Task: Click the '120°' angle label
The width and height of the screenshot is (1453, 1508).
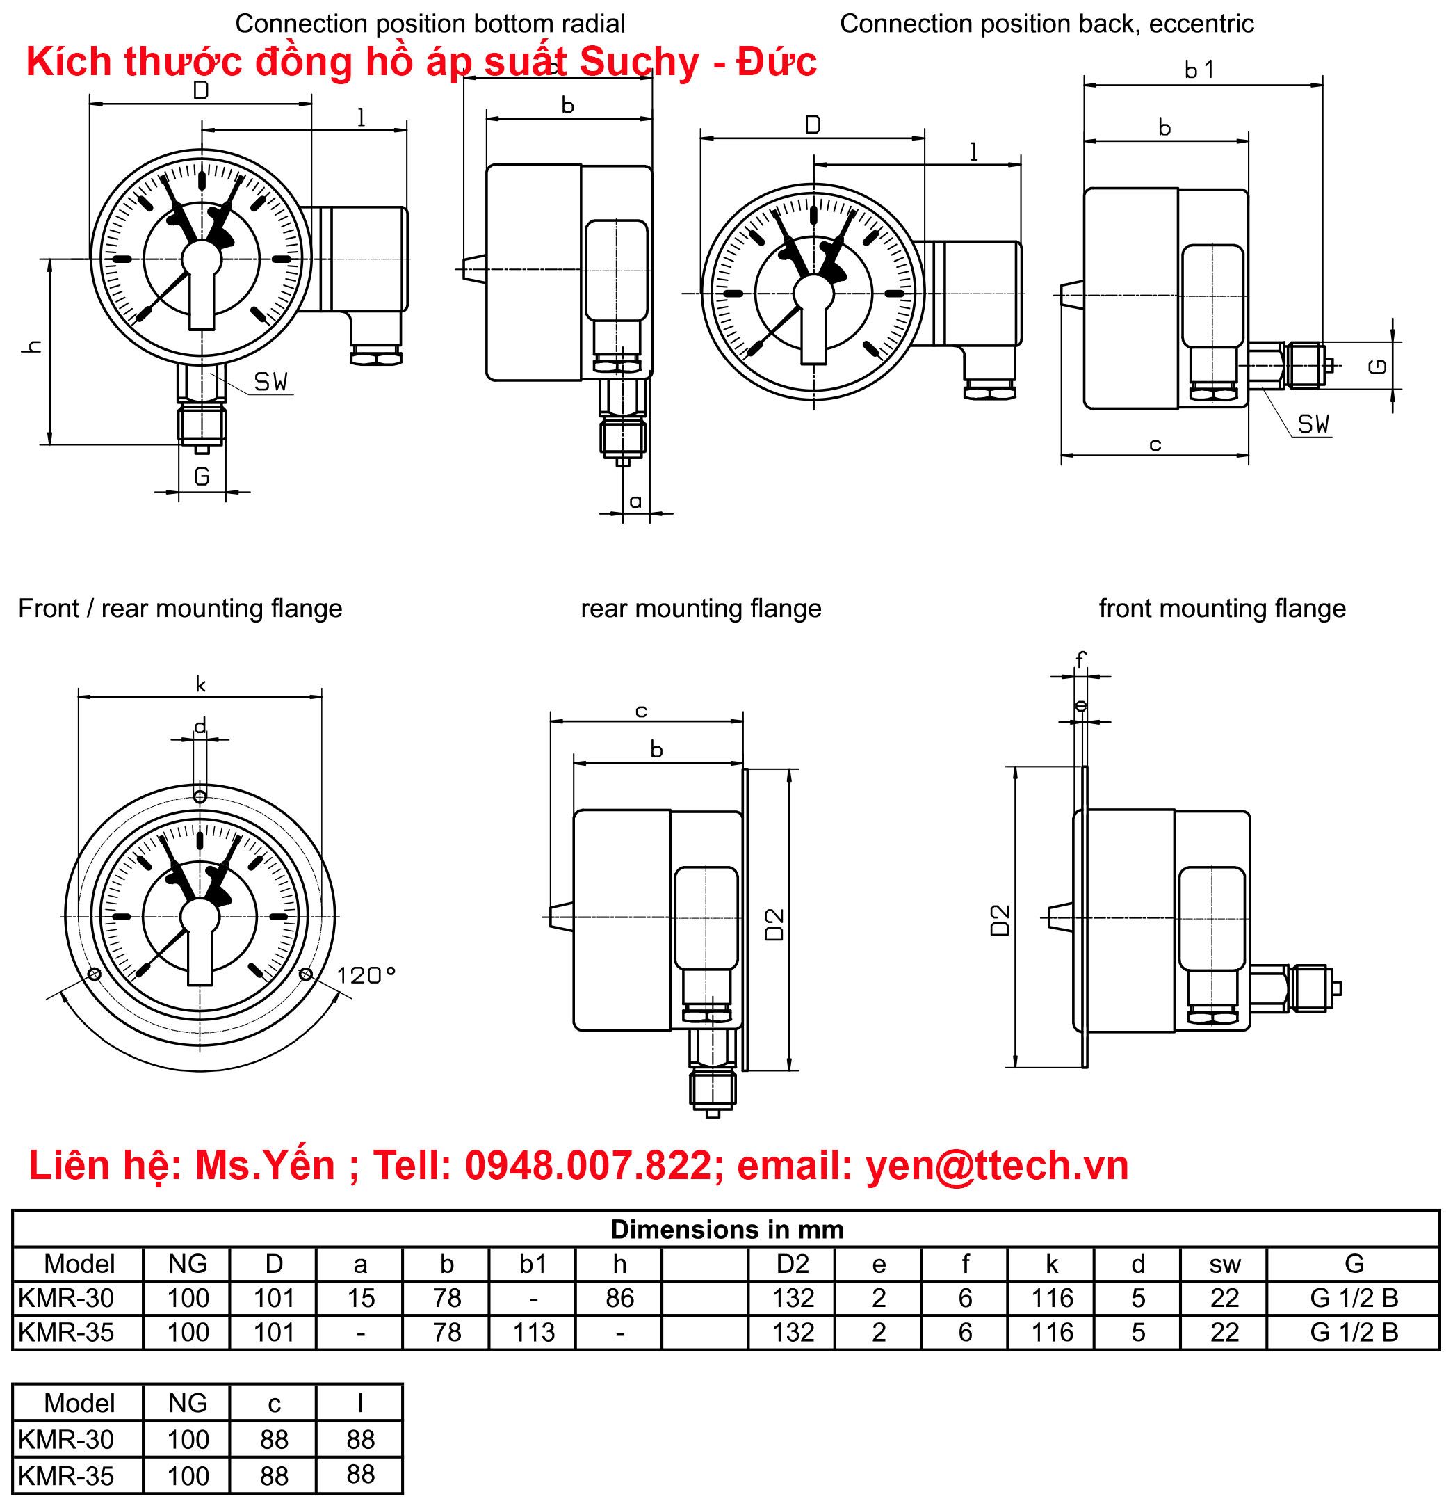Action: (366, 976)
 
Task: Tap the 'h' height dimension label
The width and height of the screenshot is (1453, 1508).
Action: (32, 346)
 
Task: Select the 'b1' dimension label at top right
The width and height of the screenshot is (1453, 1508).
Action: (1199, 70)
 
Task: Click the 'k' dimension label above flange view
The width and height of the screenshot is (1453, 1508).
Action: (201, 684)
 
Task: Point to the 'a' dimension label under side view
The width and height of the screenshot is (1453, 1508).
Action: (635, 502)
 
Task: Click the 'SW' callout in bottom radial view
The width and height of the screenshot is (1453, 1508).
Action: (270, 382)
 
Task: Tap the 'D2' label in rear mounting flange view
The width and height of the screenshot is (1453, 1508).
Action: (774, 923)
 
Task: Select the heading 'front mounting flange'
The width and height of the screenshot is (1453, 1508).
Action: (1221, 609)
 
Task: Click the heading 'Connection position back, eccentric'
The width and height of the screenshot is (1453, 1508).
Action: (1046, 24)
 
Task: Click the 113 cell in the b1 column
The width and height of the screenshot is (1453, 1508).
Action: (533, 1333)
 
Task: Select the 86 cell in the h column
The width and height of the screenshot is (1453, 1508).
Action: (619, 1299)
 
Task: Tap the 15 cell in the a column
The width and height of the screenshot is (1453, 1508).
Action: (360, 1299)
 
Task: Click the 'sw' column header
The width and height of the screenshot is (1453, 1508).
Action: (1224, 1264)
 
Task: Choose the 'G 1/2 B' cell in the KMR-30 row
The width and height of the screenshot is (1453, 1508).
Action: (1353, 1299)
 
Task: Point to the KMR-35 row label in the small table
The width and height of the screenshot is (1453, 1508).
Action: (66, 1476)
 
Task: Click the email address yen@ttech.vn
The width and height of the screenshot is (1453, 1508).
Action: (997, 1165)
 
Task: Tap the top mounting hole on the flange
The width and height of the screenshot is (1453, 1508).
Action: (200, 796)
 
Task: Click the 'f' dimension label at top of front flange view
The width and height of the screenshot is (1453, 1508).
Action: (1080, 659)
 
